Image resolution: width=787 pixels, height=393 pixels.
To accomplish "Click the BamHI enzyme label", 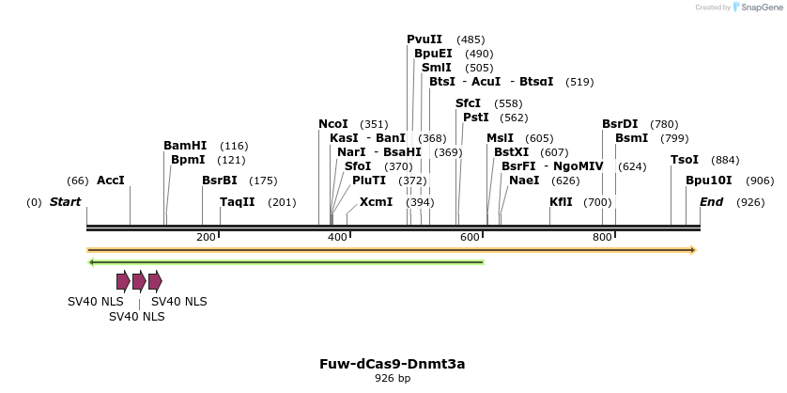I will (185, 146).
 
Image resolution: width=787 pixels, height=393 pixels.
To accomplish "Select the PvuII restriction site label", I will (424, 39).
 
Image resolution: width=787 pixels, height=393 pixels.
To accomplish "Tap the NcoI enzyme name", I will (333, 124).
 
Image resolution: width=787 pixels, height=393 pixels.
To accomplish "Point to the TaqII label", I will (238, 202).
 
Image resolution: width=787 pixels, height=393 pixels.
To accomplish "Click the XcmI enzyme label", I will (377, 202).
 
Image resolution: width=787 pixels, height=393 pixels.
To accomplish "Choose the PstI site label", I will (476, 118).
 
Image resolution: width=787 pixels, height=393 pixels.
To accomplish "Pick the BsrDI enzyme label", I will (620, 124).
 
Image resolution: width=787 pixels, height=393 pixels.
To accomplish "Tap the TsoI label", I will (685, 160).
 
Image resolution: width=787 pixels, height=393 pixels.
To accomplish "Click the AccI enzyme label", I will (111, 181).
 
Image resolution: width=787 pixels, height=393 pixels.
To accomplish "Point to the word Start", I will (65, 202).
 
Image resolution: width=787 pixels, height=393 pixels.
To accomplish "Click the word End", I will (712, 202).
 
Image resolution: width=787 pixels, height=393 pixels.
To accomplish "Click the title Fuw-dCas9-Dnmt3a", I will (393, 363).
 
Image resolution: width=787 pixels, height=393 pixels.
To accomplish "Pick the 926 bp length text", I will (393, 378).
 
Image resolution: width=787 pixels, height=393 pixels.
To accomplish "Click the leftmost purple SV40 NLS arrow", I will (123, 281).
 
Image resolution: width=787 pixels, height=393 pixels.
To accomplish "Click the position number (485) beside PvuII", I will (471, 39).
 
